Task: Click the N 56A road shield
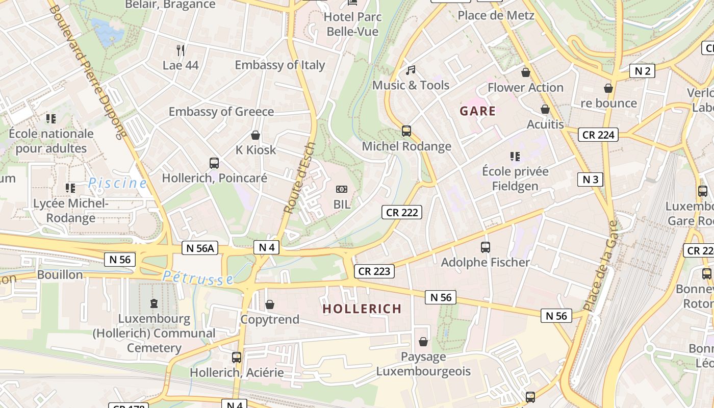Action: click(200, 248)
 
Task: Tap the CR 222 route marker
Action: click(402, 212)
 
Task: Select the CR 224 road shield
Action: click(598, 135)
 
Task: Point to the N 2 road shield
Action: click(642, 71)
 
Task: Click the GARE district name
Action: click(477, 111)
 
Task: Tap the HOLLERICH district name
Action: click(362, 309)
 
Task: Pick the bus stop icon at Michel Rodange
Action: click(406, 131)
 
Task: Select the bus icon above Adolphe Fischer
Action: click(485, 247)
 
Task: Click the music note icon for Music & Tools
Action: click(411, 70)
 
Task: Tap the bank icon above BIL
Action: click(341, 189)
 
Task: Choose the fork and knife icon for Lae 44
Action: click(180, 50)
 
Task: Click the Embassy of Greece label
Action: click(221, 112)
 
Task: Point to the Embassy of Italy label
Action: click(279, 65)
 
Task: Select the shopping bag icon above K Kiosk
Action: click(256, 135)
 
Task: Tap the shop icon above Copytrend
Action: click(270, 304)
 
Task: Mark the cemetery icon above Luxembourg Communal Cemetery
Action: click(154, 303)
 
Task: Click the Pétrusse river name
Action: click(198, 277)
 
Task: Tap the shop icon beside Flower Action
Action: click(525, 72)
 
